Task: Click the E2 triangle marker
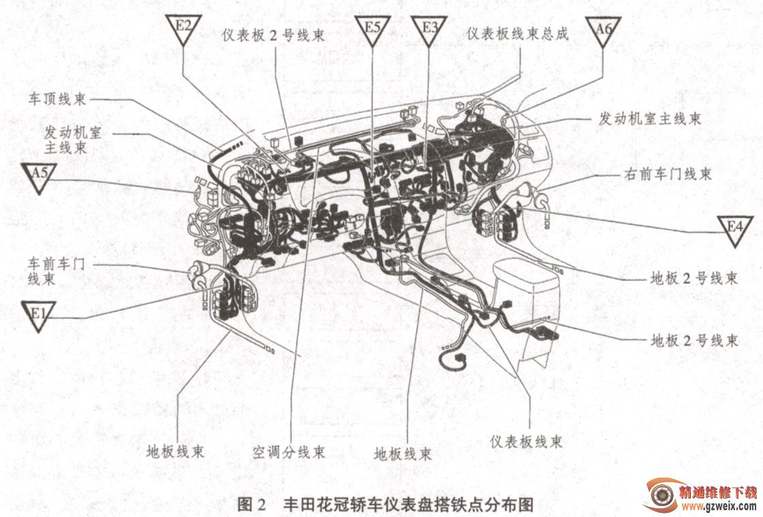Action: (x=183, y=28)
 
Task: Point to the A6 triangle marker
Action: (x=603, y=30)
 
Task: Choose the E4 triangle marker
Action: (x=735, y=229)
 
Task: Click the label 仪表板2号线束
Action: (x=273, y=35)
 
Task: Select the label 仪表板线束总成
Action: (x=517, y=33)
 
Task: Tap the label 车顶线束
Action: (x=57, y=99)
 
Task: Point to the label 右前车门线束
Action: (x=668, y=173)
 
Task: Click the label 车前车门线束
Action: (x=56, y=271)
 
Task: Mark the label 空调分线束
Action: (x=289, y=452)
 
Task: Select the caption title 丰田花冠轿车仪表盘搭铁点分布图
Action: (x=408, y=504)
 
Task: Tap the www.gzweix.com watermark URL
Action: (x=719, y=507)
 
